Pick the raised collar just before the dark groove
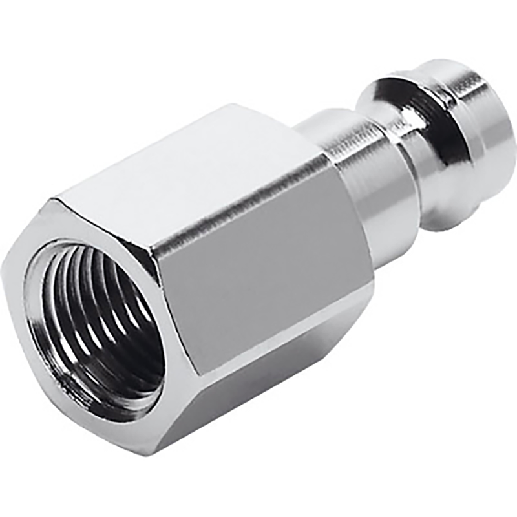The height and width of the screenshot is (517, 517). [388, 123]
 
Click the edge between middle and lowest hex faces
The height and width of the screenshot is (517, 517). [271, 339]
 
